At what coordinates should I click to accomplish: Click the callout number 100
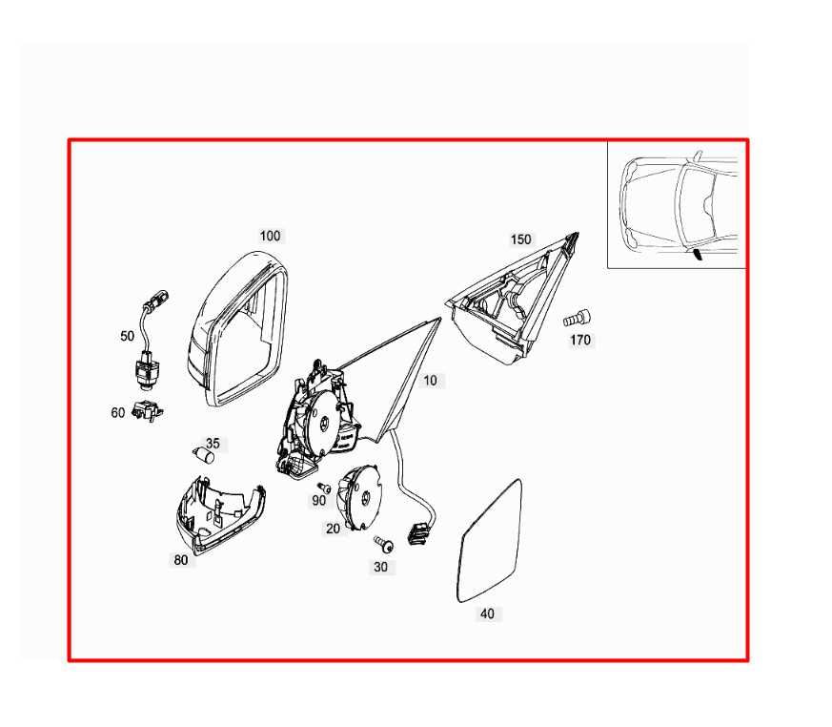[270, 236]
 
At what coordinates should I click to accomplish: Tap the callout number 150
[520, 239]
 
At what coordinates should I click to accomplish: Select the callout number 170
[580, 340]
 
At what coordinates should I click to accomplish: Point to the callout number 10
[431, 381]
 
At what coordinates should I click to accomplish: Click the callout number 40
[487, 613]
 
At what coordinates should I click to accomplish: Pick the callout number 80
[181, 560]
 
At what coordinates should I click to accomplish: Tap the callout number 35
[213, 444]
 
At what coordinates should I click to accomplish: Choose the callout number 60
[118, 412]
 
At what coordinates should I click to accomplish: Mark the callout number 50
[128, 336]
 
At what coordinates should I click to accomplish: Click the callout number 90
[318, 500]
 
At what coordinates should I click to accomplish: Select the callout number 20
[333, 529]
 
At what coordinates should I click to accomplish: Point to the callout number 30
[380, 567]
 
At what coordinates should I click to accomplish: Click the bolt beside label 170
[578, 319]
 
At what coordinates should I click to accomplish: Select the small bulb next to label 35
[204, 455]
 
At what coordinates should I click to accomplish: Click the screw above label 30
[384, 544]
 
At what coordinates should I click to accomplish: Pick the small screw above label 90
[324, 487]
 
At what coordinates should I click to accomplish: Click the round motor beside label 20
[361, 496]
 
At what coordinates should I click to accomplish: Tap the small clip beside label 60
[147, 410]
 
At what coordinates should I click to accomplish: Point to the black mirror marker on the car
[698, 256]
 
